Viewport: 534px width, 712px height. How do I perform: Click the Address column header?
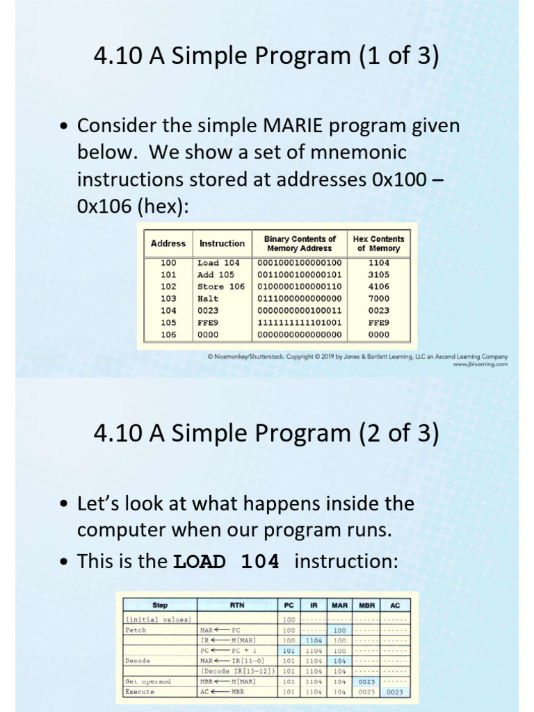pos(168,243)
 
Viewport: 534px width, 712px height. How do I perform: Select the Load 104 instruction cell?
pos(218,263)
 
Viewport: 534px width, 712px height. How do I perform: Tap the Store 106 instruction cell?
pos(221,286)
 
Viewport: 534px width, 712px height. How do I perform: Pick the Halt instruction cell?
pos(208,298)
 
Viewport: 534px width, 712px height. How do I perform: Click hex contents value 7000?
pos(378,298)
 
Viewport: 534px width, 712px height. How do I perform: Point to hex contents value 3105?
pos(378,275)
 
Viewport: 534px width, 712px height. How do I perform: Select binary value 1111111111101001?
pos(300,323)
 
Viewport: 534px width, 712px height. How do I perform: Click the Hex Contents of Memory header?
pos(378,243)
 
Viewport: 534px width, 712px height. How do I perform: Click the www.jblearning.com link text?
pos(480,364)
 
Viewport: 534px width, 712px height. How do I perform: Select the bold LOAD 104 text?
pos(226,562)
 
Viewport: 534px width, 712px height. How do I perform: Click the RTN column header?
pos(238,605)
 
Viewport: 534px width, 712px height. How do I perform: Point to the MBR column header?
pos(366,605)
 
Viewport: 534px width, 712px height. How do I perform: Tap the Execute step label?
pos(140,692)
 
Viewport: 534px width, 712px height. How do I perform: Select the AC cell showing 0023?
pos(395,692)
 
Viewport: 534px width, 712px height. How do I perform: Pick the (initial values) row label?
pos(159,619)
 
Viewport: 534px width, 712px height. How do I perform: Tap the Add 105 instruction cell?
pos(216,275)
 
